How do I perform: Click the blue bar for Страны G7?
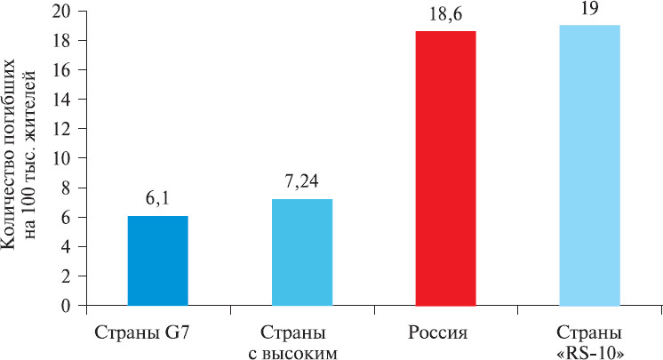point(158,260)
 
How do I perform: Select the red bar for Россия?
point(445,169)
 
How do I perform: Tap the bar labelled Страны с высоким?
point(302,252)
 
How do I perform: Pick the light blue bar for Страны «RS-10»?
point(589,166)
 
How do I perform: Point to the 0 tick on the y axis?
point(68,305)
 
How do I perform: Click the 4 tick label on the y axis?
point(68,246)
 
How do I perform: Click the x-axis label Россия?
point(445,333)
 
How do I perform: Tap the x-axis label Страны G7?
point(158,333)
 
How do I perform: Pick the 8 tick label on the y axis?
point(68,188)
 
